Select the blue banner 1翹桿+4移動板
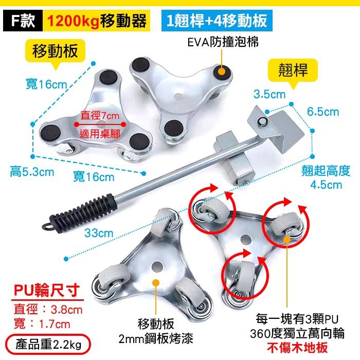click(x=216, y=21)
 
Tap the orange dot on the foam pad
click(x=222, y=72)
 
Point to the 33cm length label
click(x=98, y=233)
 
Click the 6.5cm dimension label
click(x=323, y=112)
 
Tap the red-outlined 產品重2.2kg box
click(x=48, y=342)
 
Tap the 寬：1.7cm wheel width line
click(x=43, y=324)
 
